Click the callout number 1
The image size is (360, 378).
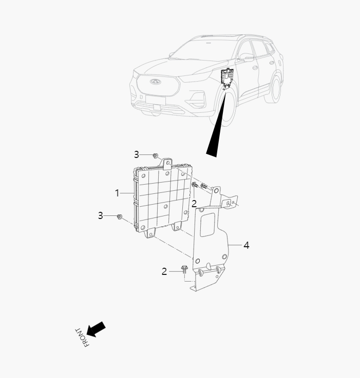click(x=117, y=193)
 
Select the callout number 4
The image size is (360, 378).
click(x=247, y=245)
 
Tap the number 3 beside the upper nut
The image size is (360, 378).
click(x=137, y=154)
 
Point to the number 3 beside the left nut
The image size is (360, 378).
click(x=101, y=216)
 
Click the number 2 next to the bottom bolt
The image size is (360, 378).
click(x=164, y=271)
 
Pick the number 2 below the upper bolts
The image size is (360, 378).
click(x=194, y=204)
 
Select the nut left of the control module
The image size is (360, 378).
click(x=119, y=217)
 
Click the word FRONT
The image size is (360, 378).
click(x=82, y=337)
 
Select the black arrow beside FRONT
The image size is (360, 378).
click(x=97, y=329)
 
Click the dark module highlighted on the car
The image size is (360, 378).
click(x=225, y=77)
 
